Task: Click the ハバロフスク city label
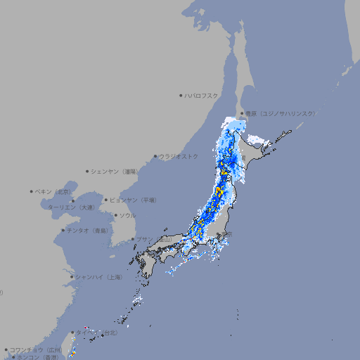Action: point(202,95)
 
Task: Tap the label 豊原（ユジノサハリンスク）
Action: point(281,113)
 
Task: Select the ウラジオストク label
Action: point(179,156)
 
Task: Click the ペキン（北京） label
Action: point(53,191)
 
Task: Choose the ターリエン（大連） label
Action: point(71,207)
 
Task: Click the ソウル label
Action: point(127,215)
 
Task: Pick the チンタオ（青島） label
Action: point(87,231)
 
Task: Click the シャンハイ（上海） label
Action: point(98,277)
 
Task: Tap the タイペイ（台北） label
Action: point(98,332)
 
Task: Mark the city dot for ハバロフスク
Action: point(181,95)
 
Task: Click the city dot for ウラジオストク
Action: point(155,156)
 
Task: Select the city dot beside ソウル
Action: point(115,215)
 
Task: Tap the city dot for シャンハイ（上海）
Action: point(72,277)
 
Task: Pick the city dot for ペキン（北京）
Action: point(32,191)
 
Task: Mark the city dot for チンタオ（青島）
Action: point(63,231)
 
